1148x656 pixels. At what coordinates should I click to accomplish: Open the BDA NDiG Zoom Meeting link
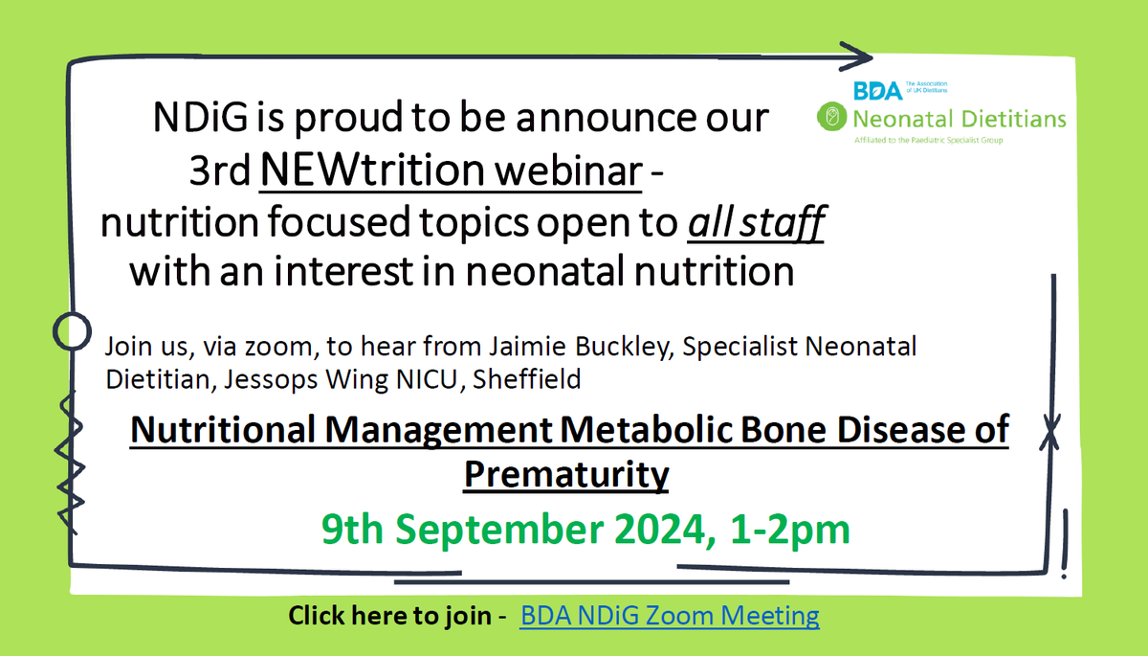pyautogui.click(x=670, y=615)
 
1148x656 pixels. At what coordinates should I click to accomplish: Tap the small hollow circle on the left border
pyautogui.click(x=71, y=332)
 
